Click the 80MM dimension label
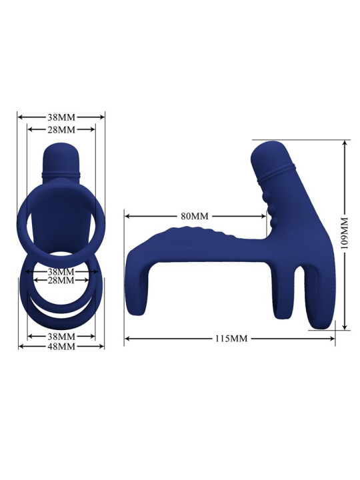[195, 216]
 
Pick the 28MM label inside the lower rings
[61, 281]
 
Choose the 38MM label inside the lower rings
[61, 272]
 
